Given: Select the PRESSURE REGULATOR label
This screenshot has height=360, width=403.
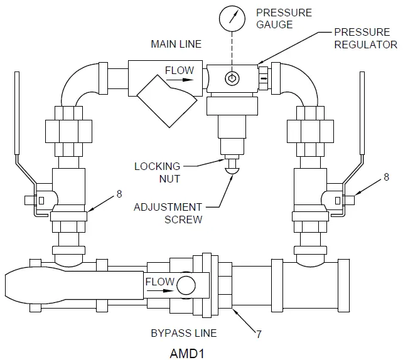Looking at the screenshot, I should (365, 38).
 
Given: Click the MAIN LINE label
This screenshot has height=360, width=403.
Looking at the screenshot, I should (176, 44).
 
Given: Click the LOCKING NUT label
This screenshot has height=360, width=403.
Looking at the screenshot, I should (157, 172).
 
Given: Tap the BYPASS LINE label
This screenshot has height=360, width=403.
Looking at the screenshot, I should (184, 332).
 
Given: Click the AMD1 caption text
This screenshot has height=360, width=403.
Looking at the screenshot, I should (186, 352).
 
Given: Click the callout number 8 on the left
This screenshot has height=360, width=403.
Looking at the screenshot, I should (119, 194).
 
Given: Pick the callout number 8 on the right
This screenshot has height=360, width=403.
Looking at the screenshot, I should (386, 178).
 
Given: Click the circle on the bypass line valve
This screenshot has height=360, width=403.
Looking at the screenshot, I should (186, 285).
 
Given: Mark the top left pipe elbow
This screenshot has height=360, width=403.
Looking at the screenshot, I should (76, 82).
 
